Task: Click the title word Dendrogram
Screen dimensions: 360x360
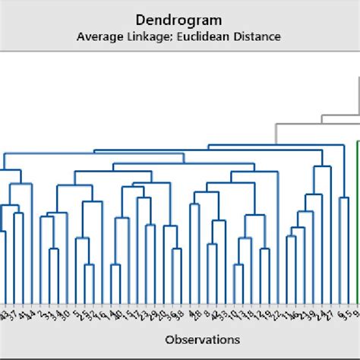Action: coord(180,19)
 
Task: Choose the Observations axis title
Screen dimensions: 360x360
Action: coord(201,339)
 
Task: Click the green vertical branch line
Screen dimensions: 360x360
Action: coord(358,220)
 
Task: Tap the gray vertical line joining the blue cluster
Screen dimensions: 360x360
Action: coord(276,134)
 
